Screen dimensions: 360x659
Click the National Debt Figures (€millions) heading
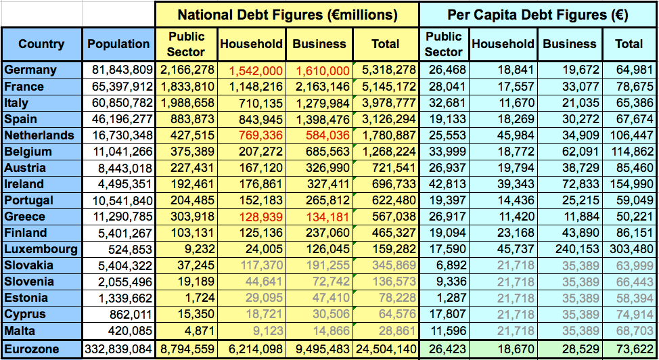coord(287,14)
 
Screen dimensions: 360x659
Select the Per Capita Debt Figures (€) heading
coord(539,14)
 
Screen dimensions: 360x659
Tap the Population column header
coord(118,44)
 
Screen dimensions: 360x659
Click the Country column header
coord(41,44)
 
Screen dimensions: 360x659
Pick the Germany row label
coord(30,70)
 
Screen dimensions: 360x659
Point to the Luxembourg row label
coord(41,249)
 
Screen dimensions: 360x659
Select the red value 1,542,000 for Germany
coord(255,70)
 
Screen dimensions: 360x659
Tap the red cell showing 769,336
coord(255,135)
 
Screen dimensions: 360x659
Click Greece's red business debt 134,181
coord(322,217)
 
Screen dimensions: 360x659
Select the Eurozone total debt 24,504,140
coord(384,349)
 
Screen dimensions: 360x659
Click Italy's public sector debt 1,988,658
coord(188,103)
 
